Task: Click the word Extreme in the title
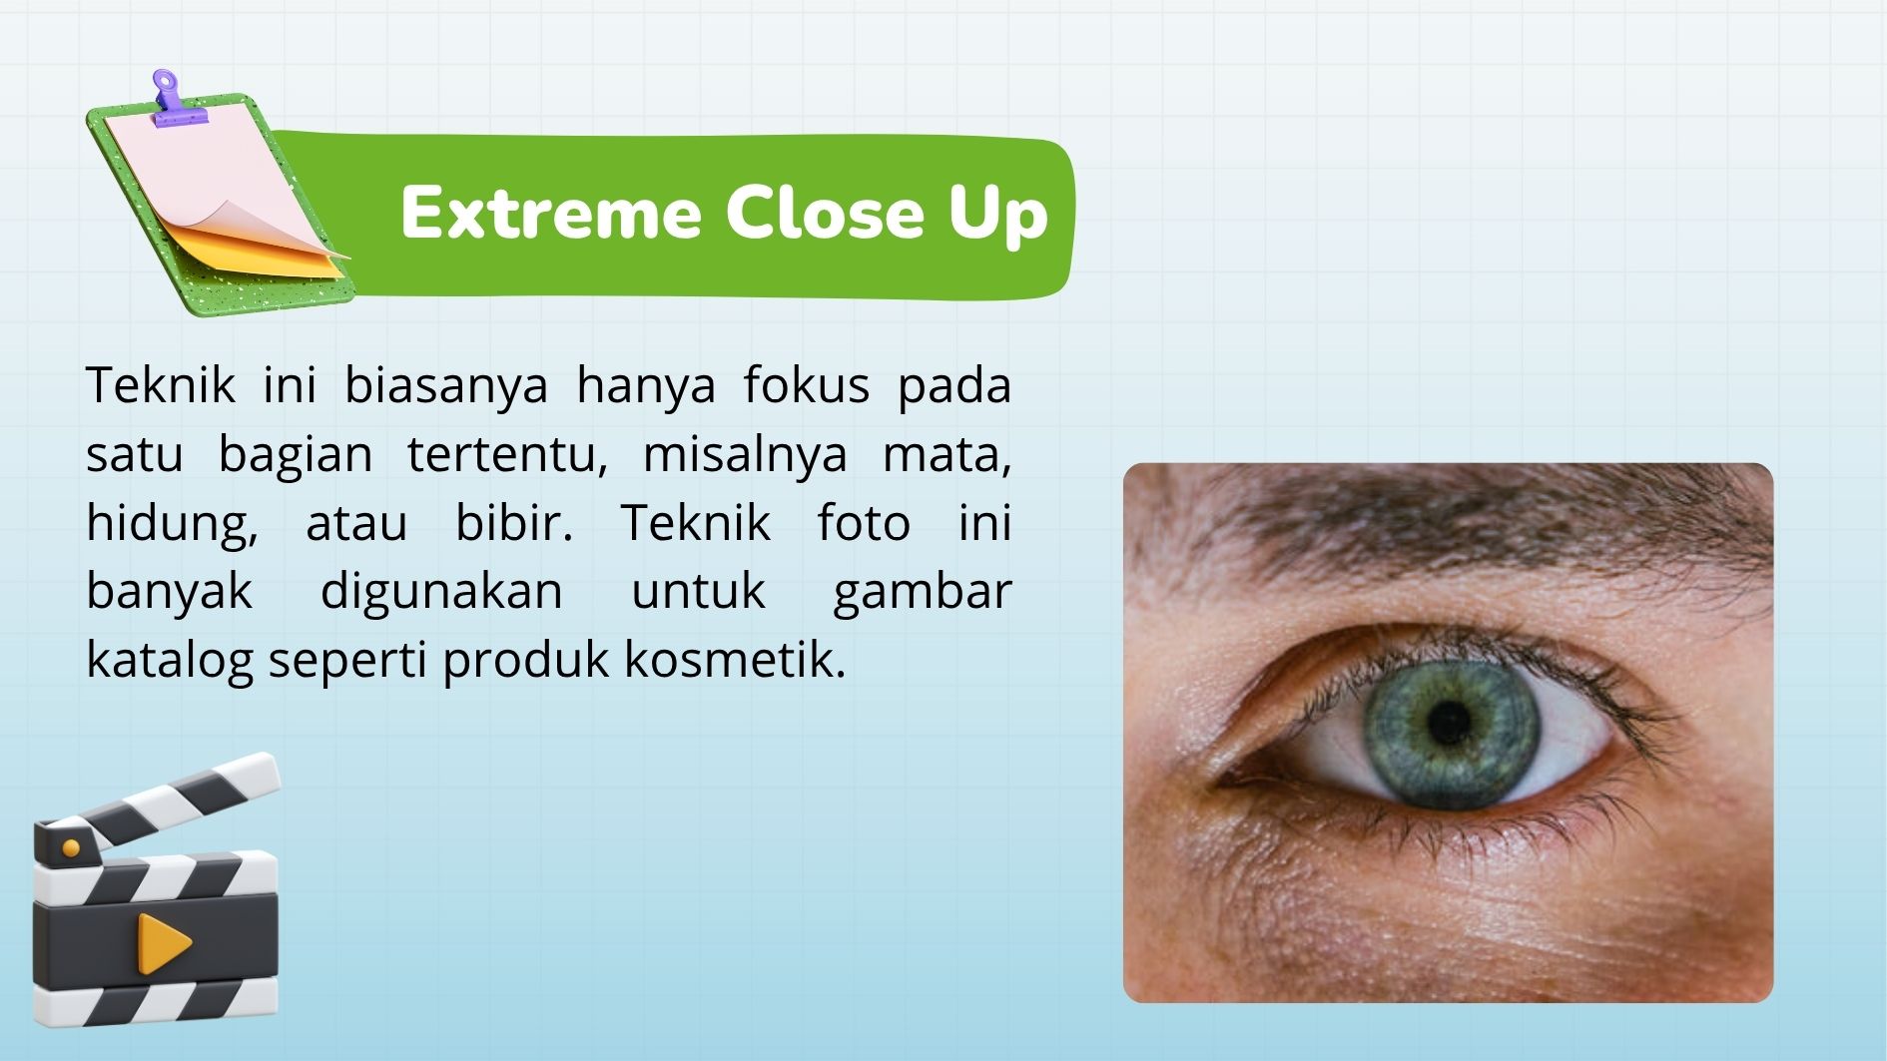click(x=551, y=213)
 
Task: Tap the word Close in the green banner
click(x=825, y=213)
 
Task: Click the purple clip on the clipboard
click(x=177, y=100)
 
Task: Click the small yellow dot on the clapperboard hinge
click(x=71, y=848)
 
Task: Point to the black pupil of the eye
click(x=1449, y=723)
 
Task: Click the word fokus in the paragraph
click(x=806, y=384)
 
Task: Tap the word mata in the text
click(x=946, y=455)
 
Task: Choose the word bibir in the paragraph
click(x=514, y=522)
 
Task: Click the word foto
click(x=864, y=522)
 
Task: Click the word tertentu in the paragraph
click(x=507, y=455)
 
